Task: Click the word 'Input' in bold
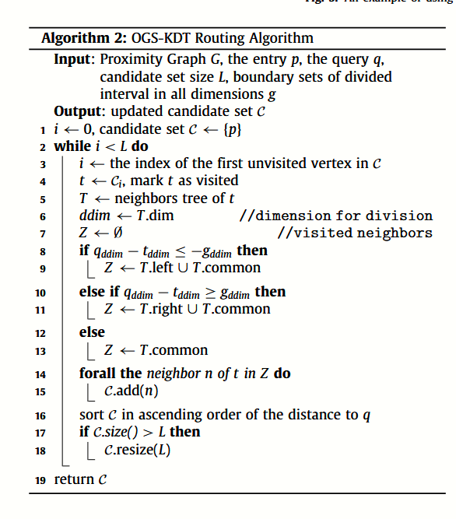click(x=74, y=60)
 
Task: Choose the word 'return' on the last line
click(x=72, y=479)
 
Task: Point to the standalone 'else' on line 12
click(x=92, y=331)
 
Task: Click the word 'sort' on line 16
click(x=90, y=415)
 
